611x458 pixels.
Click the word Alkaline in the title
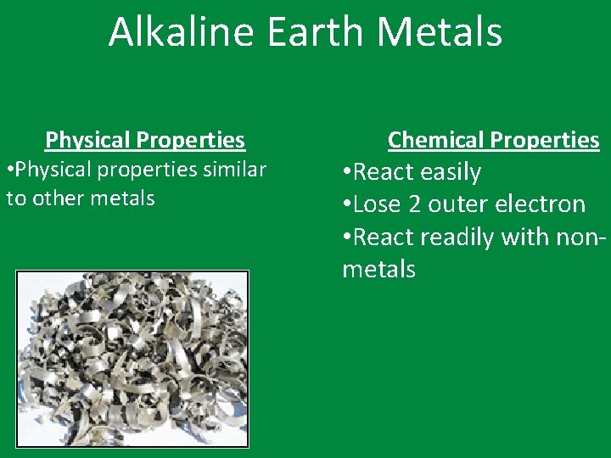(175, 32)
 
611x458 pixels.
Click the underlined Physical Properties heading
(145, 140)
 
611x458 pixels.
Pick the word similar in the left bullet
(233, 170)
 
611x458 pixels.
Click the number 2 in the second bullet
(418, 204)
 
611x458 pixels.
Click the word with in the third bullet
(524, 237)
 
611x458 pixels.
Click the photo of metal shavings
(132, 358)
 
